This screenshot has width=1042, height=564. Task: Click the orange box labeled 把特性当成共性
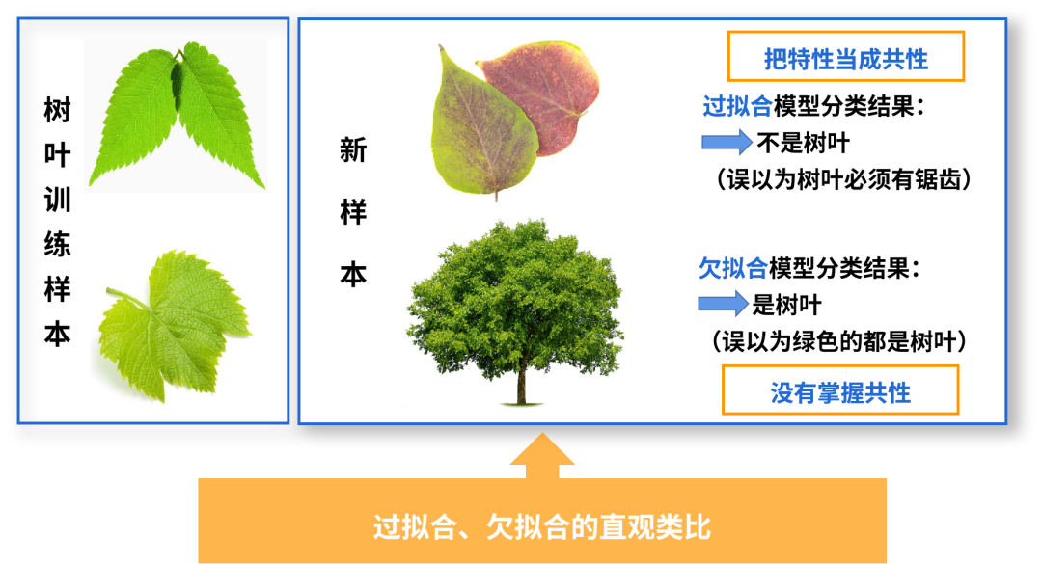(x=845, y=57)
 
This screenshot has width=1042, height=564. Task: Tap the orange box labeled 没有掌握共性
(x=840, y=389)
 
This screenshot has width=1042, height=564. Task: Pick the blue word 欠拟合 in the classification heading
(x=733, y=268)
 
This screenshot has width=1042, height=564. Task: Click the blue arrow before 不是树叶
(x=727, y=142)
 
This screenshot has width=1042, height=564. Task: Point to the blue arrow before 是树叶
(x=723, y=305)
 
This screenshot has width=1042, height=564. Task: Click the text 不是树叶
(x=804, y=143)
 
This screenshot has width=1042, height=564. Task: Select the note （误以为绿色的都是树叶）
(x=838, y=342)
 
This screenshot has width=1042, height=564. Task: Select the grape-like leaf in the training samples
(x=174, y=326)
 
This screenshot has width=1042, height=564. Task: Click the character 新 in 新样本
(x=353, y=150)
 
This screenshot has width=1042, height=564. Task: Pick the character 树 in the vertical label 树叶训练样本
(x=57, y=110)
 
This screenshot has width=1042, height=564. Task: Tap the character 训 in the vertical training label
(x=57, y=200)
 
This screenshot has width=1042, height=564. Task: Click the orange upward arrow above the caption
(x=542, y=456)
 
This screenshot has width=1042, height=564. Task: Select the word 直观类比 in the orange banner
(x=655, y=526)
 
